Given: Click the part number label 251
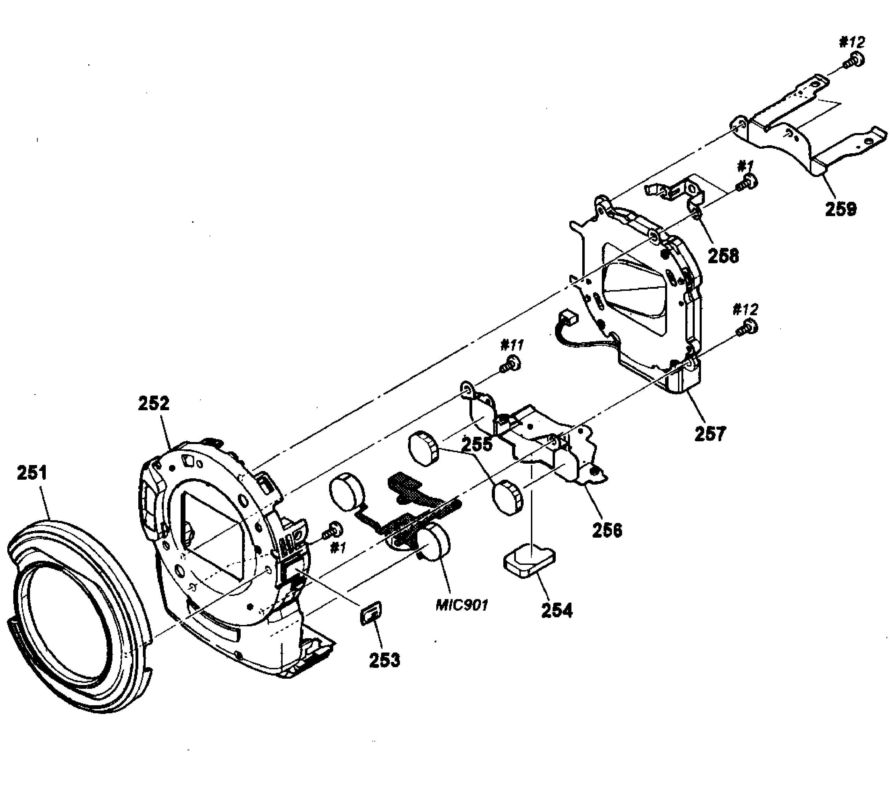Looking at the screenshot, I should tap(31, 473).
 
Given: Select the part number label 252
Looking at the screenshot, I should tap(154, 403).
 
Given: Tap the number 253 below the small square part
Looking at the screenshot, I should tap(384, 660).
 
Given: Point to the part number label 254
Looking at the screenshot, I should tap(556, 610).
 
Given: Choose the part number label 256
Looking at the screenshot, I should tap(607, 530).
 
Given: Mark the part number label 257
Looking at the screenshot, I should tap(710, 434).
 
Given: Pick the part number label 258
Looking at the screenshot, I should tap(723, 256).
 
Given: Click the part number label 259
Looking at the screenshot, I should tap(840, 209).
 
